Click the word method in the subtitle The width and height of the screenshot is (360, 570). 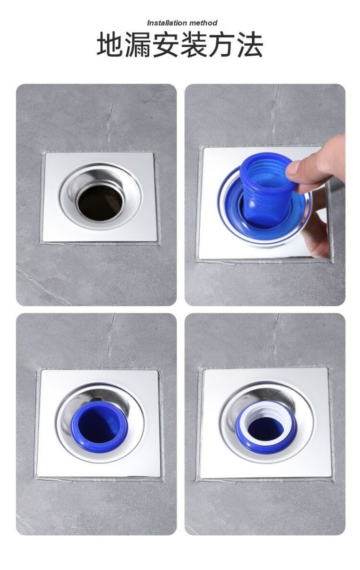click(x=203, y=23)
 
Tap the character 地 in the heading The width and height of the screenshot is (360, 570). click(x=110, y=45)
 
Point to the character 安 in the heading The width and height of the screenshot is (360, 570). click(x=166, y=45)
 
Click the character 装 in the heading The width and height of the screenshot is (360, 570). click(x=194, y=45)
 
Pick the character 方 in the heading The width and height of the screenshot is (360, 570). click(x=221, y=45)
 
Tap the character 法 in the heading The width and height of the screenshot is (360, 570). click(x=250, y=45)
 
